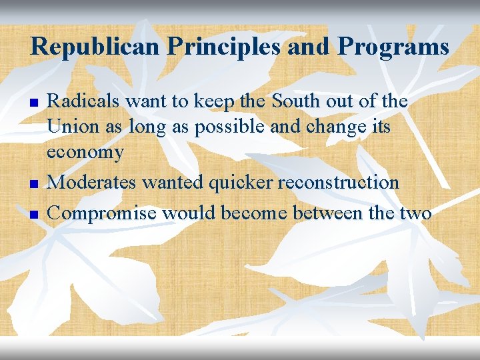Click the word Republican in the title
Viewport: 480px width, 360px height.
click(93, 47)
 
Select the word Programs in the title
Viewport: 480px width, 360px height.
click(393, 47)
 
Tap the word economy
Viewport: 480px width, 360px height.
click(85, 153)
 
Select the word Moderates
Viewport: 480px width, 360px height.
click(91, 182)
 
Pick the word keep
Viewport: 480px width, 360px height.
click(216, 101)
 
